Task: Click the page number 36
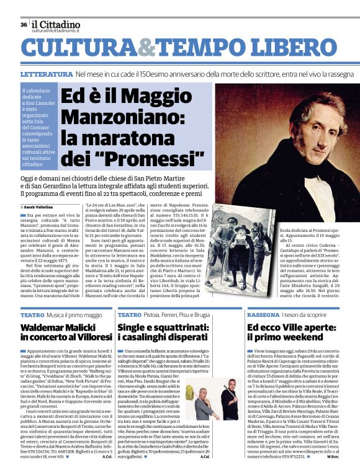[x=24, y=25]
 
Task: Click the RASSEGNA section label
[x=263, y=315]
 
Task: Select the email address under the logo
[x=56, y=30]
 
